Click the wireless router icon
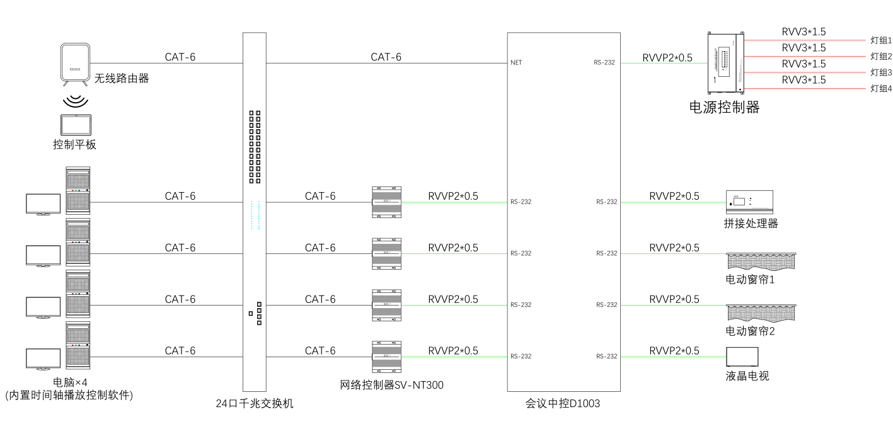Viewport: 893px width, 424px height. coord(75,64)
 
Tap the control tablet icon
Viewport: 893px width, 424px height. coord(75,124)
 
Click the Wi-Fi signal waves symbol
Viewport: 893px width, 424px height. coord(75,101)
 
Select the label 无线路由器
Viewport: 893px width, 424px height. coord(122,79)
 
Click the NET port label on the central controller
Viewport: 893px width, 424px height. coord(516,63)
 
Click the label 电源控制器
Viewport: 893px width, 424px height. coord(725,108)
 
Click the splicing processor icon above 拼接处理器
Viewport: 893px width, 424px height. coord(749,200)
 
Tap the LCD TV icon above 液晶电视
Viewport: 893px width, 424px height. coord(742,357)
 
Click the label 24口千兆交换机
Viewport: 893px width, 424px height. coord(254,404)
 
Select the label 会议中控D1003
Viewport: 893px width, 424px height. coord(563,404)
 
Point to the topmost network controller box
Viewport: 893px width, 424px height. coord(386,202)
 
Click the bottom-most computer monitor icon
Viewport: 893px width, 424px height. coord(43,358)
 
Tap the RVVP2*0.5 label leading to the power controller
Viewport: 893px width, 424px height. coord(667,57)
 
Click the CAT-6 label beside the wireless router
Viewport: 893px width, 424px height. coord(180,57)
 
